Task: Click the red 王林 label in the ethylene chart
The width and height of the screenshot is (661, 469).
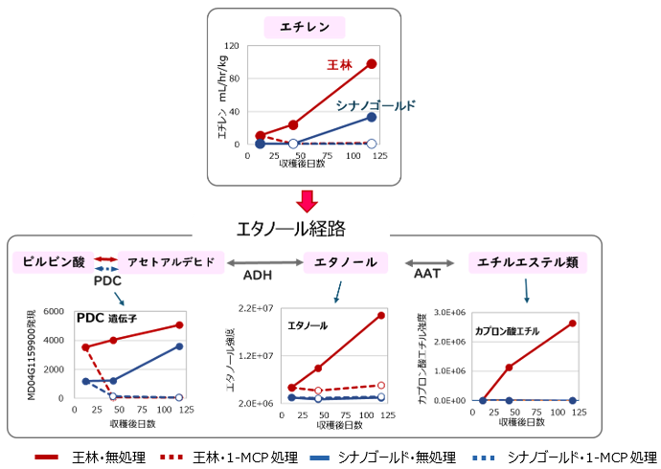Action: pos(339,65)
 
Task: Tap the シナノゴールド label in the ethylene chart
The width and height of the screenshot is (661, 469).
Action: pos(376,105)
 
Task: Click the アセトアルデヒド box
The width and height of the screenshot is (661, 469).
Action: pos(171,261)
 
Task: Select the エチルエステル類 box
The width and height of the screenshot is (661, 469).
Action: pos(527,261)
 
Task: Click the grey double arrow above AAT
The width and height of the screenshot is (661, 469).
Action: pos(429,261)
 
